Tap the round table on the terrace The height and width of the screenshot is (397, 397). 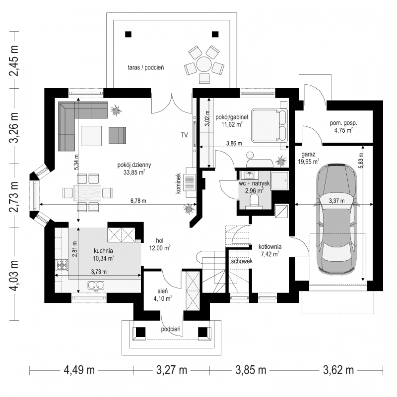click(x=204, y=64)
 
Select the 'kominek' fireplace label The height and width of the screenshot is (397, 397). click(x=178, y=183)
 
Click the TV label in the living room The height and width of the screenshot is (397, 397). click(x=184, y=135)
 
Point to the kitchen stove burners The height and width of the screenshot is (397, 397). click(x=62, y=265)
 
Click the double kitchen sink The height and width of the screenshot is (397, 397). click(x=96, y=285)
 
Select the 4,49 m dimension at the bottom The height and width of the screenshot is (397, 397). click(x=79, y=371)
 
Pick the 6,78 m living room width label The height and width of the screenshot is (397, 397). click(x=138, y=200)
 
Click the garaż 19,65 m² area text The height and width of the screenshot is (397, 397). click(x=308, y=158)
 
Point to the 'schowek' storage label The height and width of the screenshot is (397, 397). click(x=242, y=261)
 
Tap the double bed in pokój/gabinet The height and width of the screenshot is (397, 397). click(x=269, y=125)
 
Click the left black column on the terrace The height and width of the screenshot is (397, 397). click(x=128, y=34)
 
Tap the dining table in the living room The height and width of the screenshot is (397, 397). click(x=87, y=193)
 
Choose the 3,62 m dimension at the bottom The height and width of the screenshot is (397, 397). click(x=338, y=371)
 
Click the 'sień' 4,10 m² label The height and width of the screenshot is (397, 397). click(x=163, y=295)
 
